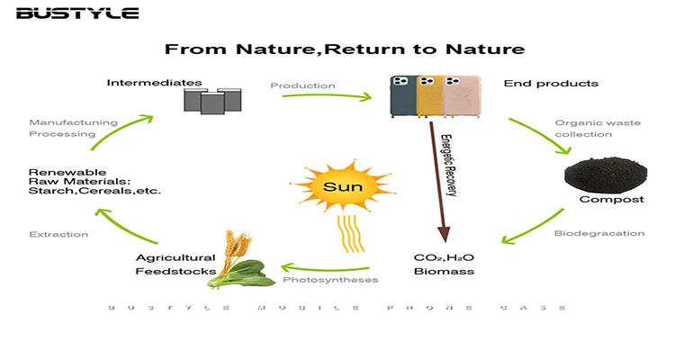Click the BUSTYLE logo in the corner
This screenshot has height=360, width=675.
(x=76, y=13)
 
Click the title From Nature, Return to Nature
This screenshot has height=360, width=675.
(x=345, y=49)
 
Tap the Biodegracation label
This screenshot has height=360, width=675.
(x=611, y=233)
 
